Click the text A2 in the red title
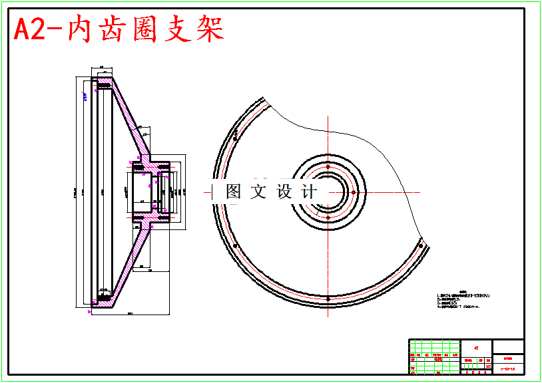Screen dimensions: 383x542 coord(29,30)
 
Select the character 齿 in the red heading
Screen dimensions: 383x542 coord(113,30)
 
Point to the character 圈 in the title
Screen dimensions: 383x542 coord(144,30)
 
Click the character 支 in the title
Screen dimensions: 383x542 coord(176,30)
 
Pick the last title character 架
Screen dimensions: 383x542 coord(208,30)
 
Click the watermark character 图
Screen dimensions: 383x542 coord(234,191)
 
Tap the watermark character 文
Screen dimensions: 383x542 coord(258,191)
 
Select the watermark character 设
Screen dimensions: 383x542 coord(284,191)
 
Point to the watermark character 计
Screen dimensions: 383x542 coord(309,191)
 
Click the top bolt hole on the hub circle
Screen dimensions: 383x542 coord(328,166)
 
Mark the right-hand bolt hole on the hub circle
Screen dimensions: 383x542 coord(354,191)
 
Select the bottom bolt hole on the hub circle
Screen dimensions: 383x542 coord(328,217)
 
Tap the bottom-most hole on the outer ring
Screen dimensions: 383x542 coord(328,299)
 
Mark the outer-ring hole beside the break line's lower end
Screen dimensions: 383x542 coord(421,246)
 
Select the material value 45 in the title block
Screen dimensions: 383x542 coord(475,347)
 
